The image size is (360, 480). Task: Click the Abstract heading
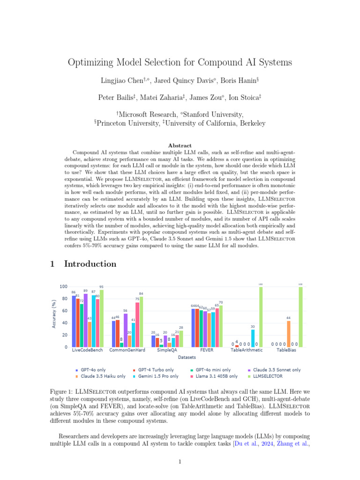pyautogui.click(x=180, y=146)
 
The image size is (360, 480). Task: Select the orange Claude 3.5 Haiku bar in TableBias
pyautogui.click(x=289, y=334)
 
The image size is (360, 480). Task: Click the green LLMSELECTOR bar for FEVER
pyautogui.click(x=221, y=326)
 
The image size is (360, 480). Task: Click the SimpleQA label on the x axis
pyautogui.click(x=167, y=350)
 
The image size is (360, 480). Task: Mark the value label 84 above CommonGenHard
pyautogui.click(x=141, y=293)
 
